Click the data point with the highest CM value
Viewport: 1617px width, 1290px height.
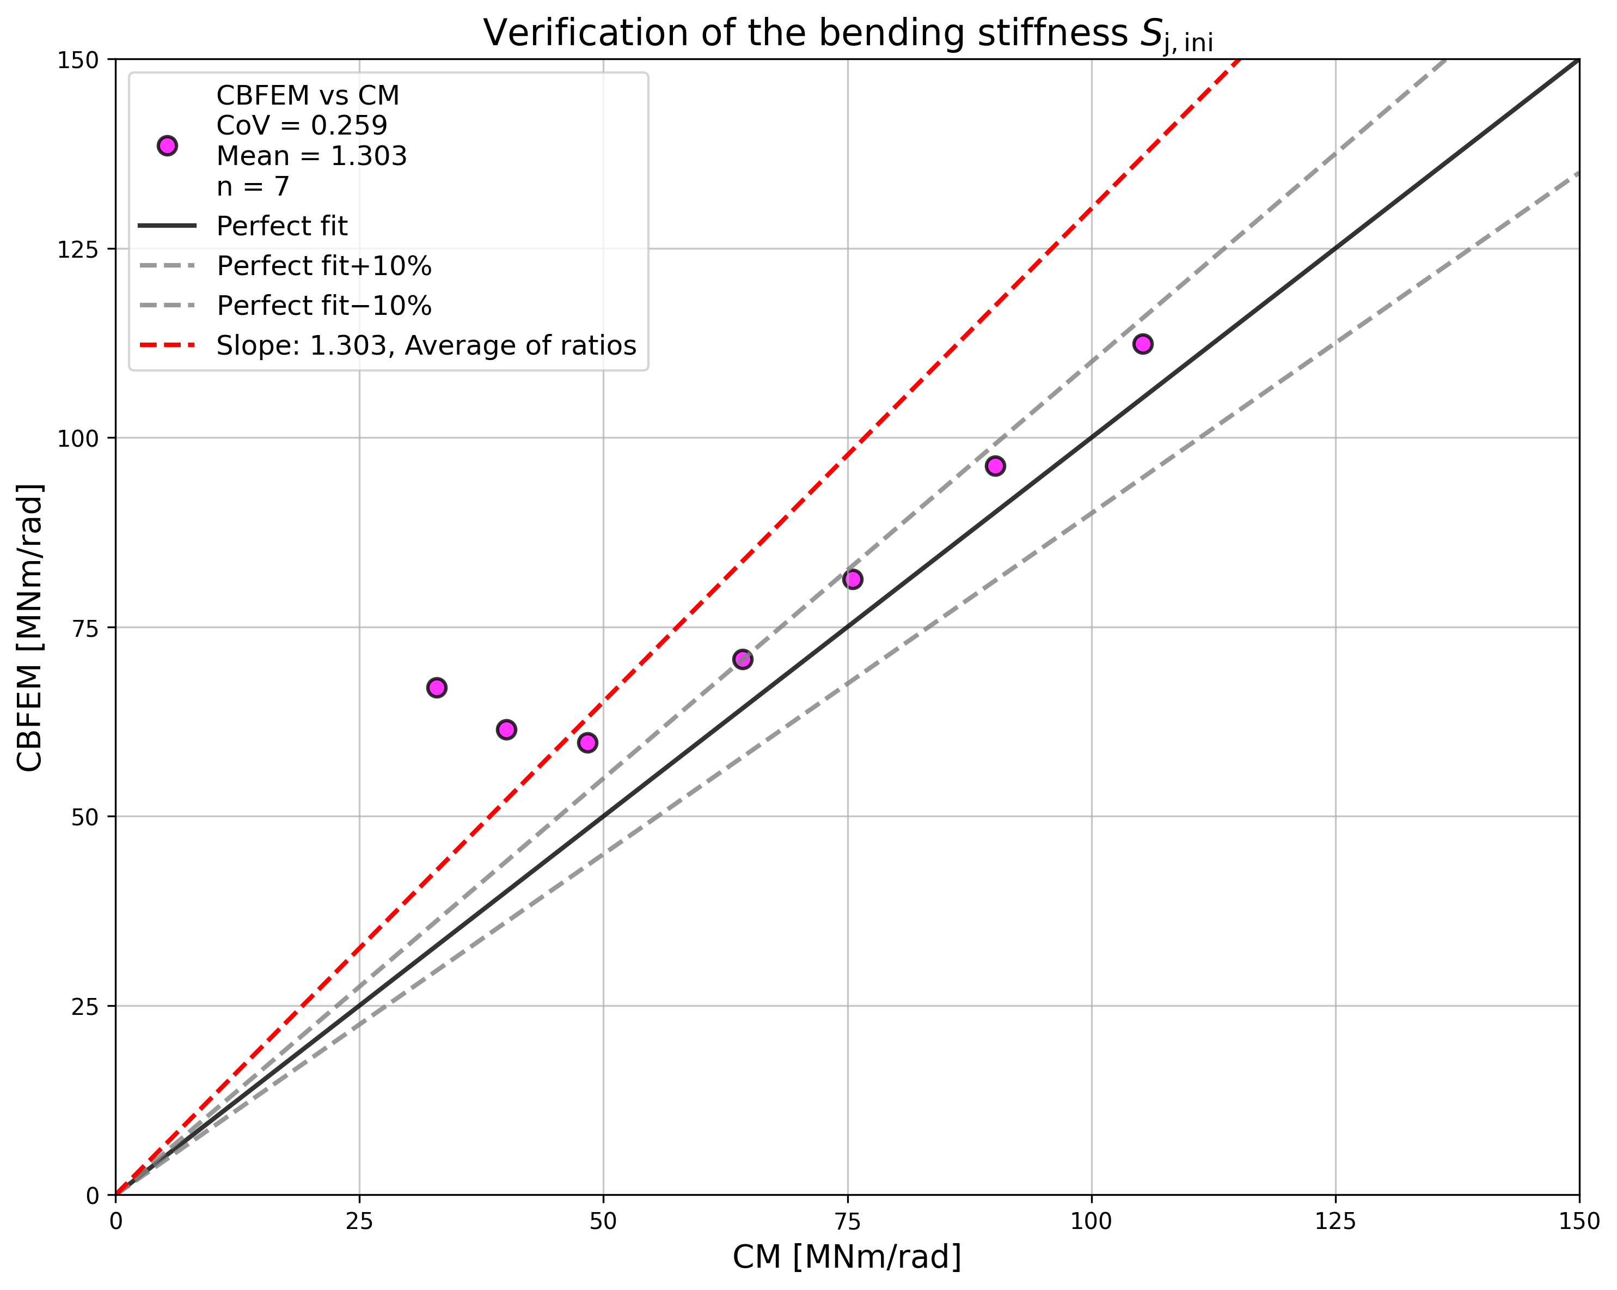[x=1142, y=344]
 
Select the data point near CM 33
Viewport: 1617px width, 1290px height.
[x=437, y=687]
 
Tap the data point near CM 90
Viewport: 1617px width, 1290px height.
[x=995, y=466]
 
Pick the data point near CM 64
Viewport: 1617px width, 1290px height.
[x=743, y=660]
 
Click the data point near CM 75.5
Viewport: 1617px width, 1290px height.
[x=853, y=579]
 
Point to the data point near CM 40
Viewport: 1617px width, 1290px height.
[x=506, y=729]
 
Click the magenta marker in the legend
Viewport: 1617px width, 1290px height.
[x=167, y=145]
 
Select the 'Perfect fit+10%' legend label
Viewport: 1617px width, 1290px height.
[x=324, y=266]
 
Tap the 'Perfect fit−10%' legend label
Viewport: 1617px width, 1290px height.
[x=324, y=306]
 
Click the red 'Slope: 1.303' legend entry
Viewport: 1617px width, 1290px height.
[x=426, y=345]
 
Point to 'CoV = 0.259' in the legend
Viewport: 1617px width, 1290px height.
[x=302, y=125]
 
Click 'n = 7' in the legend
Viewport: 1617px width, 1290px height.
[x=253, y=186]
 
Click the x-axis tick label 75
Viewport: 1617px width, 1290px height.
[x=848, y=1222]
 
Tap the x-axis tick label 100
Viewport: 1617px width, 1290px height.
[x=1091, y=1222]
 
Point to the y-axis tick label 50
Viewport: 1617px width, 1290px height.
[x=85, y=817]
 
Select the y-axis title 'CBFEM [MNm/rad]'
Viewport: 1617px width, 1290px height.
[x=30, y=628]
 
